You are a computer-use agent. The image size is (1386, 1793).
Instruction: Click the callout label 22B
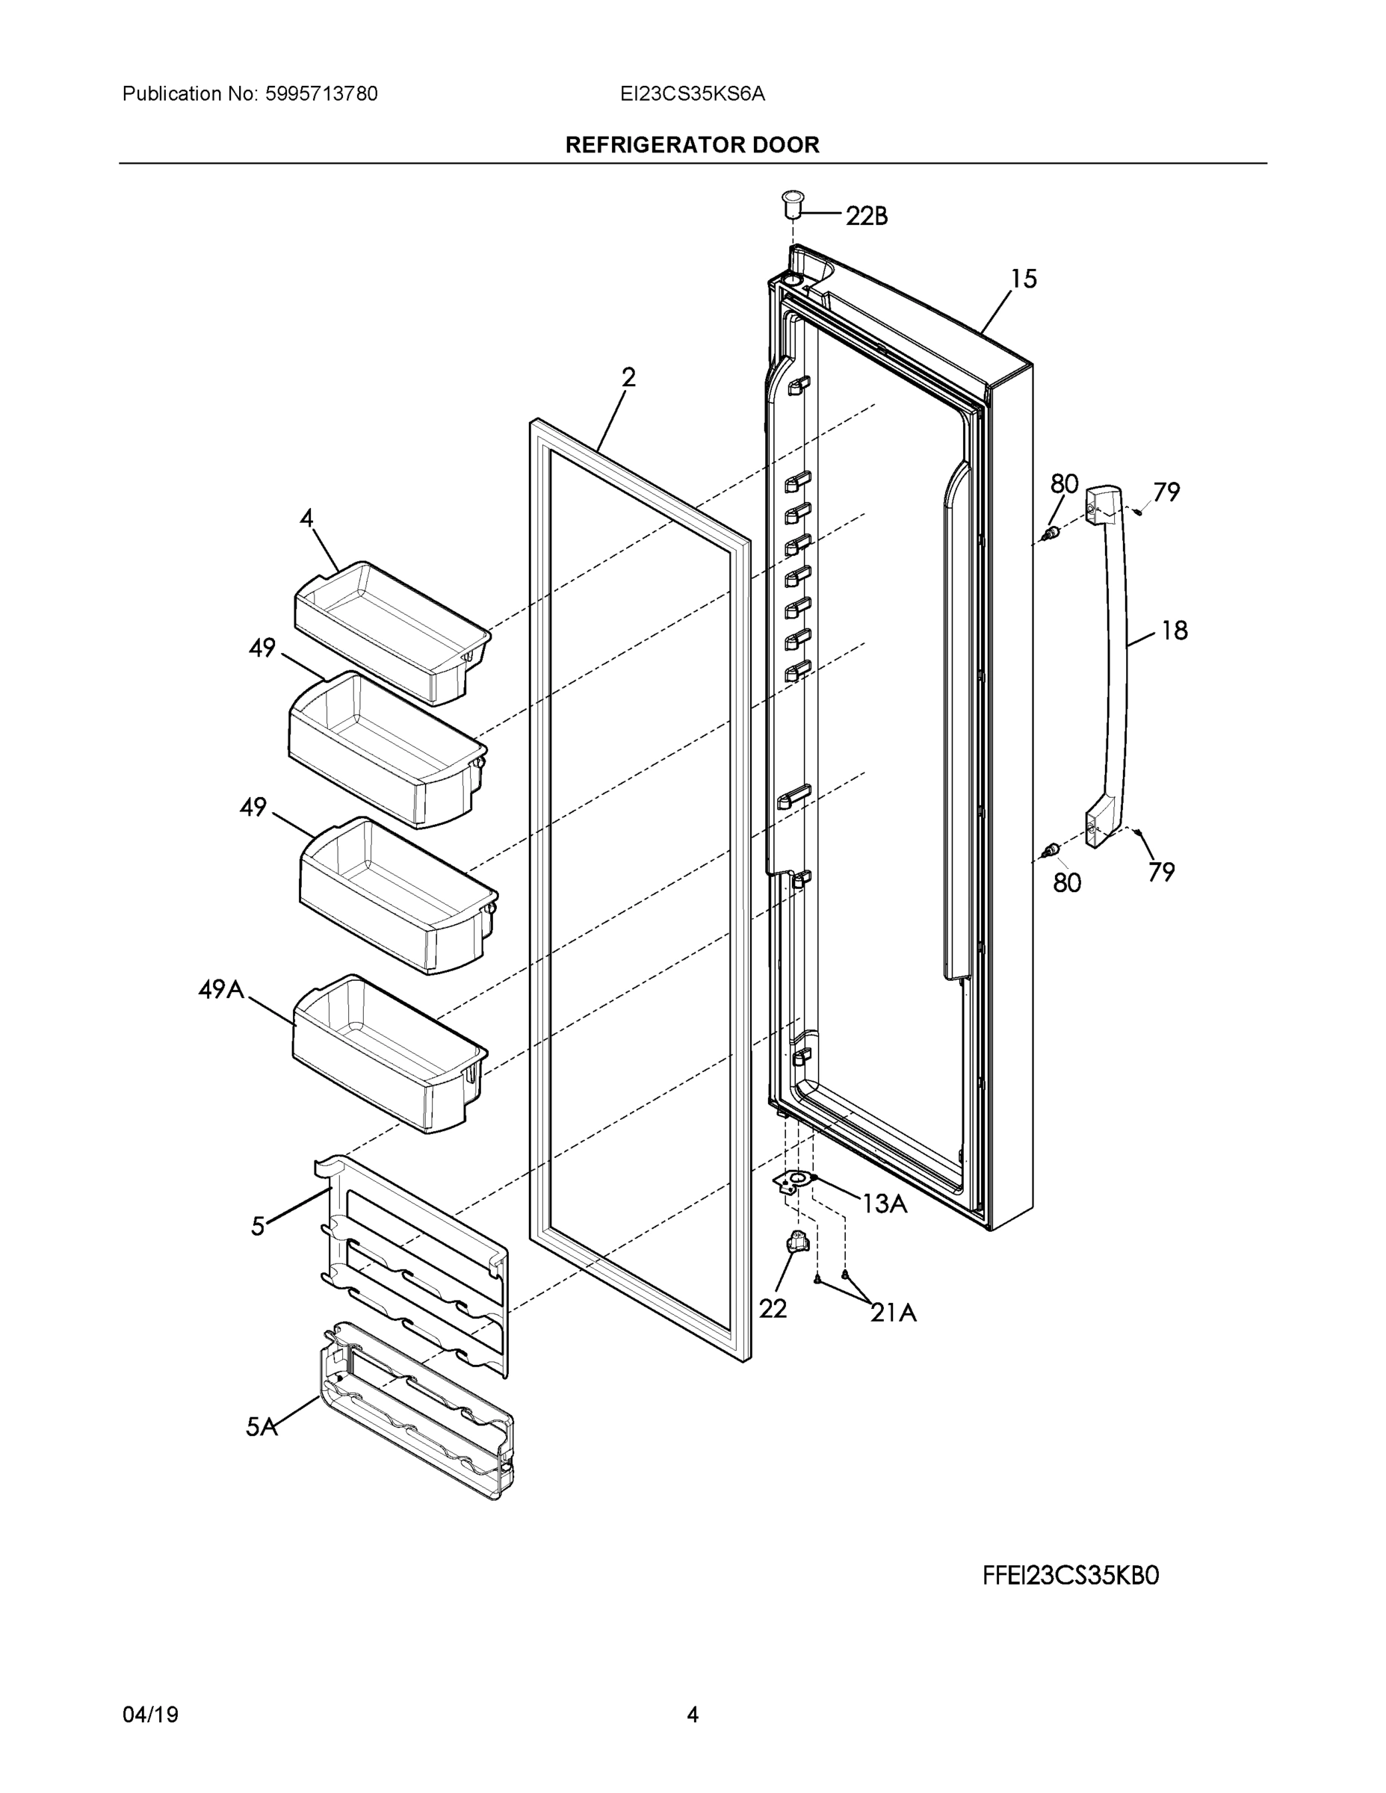866,217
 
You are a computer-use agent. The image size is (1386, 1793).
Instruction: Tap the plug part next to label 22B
792,202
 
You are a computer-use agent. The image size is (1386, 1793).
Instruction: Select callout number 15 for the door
1023,279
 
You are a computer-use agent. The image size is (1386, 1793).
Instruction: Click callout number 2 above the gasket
628,377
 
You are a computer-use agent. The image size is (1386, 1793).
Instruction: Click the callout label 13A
885,1204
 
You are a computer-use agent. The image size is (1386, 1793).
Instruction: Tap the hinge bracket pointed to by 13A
794,1182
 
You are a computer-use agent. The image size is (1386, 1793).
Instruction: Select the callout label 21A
894,1313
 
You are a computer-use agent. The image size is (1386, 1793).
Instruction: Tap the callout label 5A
261,1428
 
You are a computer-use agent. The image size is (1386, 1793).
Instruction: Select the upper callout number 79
1166,492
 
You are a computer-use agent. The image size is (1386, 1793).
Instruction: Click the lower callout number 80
1067,883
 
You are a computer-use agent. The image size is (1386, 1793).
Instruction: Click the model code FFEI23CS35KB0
1071,1576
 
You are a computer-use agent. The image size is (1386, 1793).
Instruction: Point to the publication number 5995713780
321,94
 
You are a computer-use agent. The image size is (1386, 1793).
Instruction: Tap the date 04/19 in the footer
150,1715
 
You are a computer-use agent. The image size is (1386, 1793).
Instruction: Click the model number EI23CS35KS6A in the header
692,94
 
